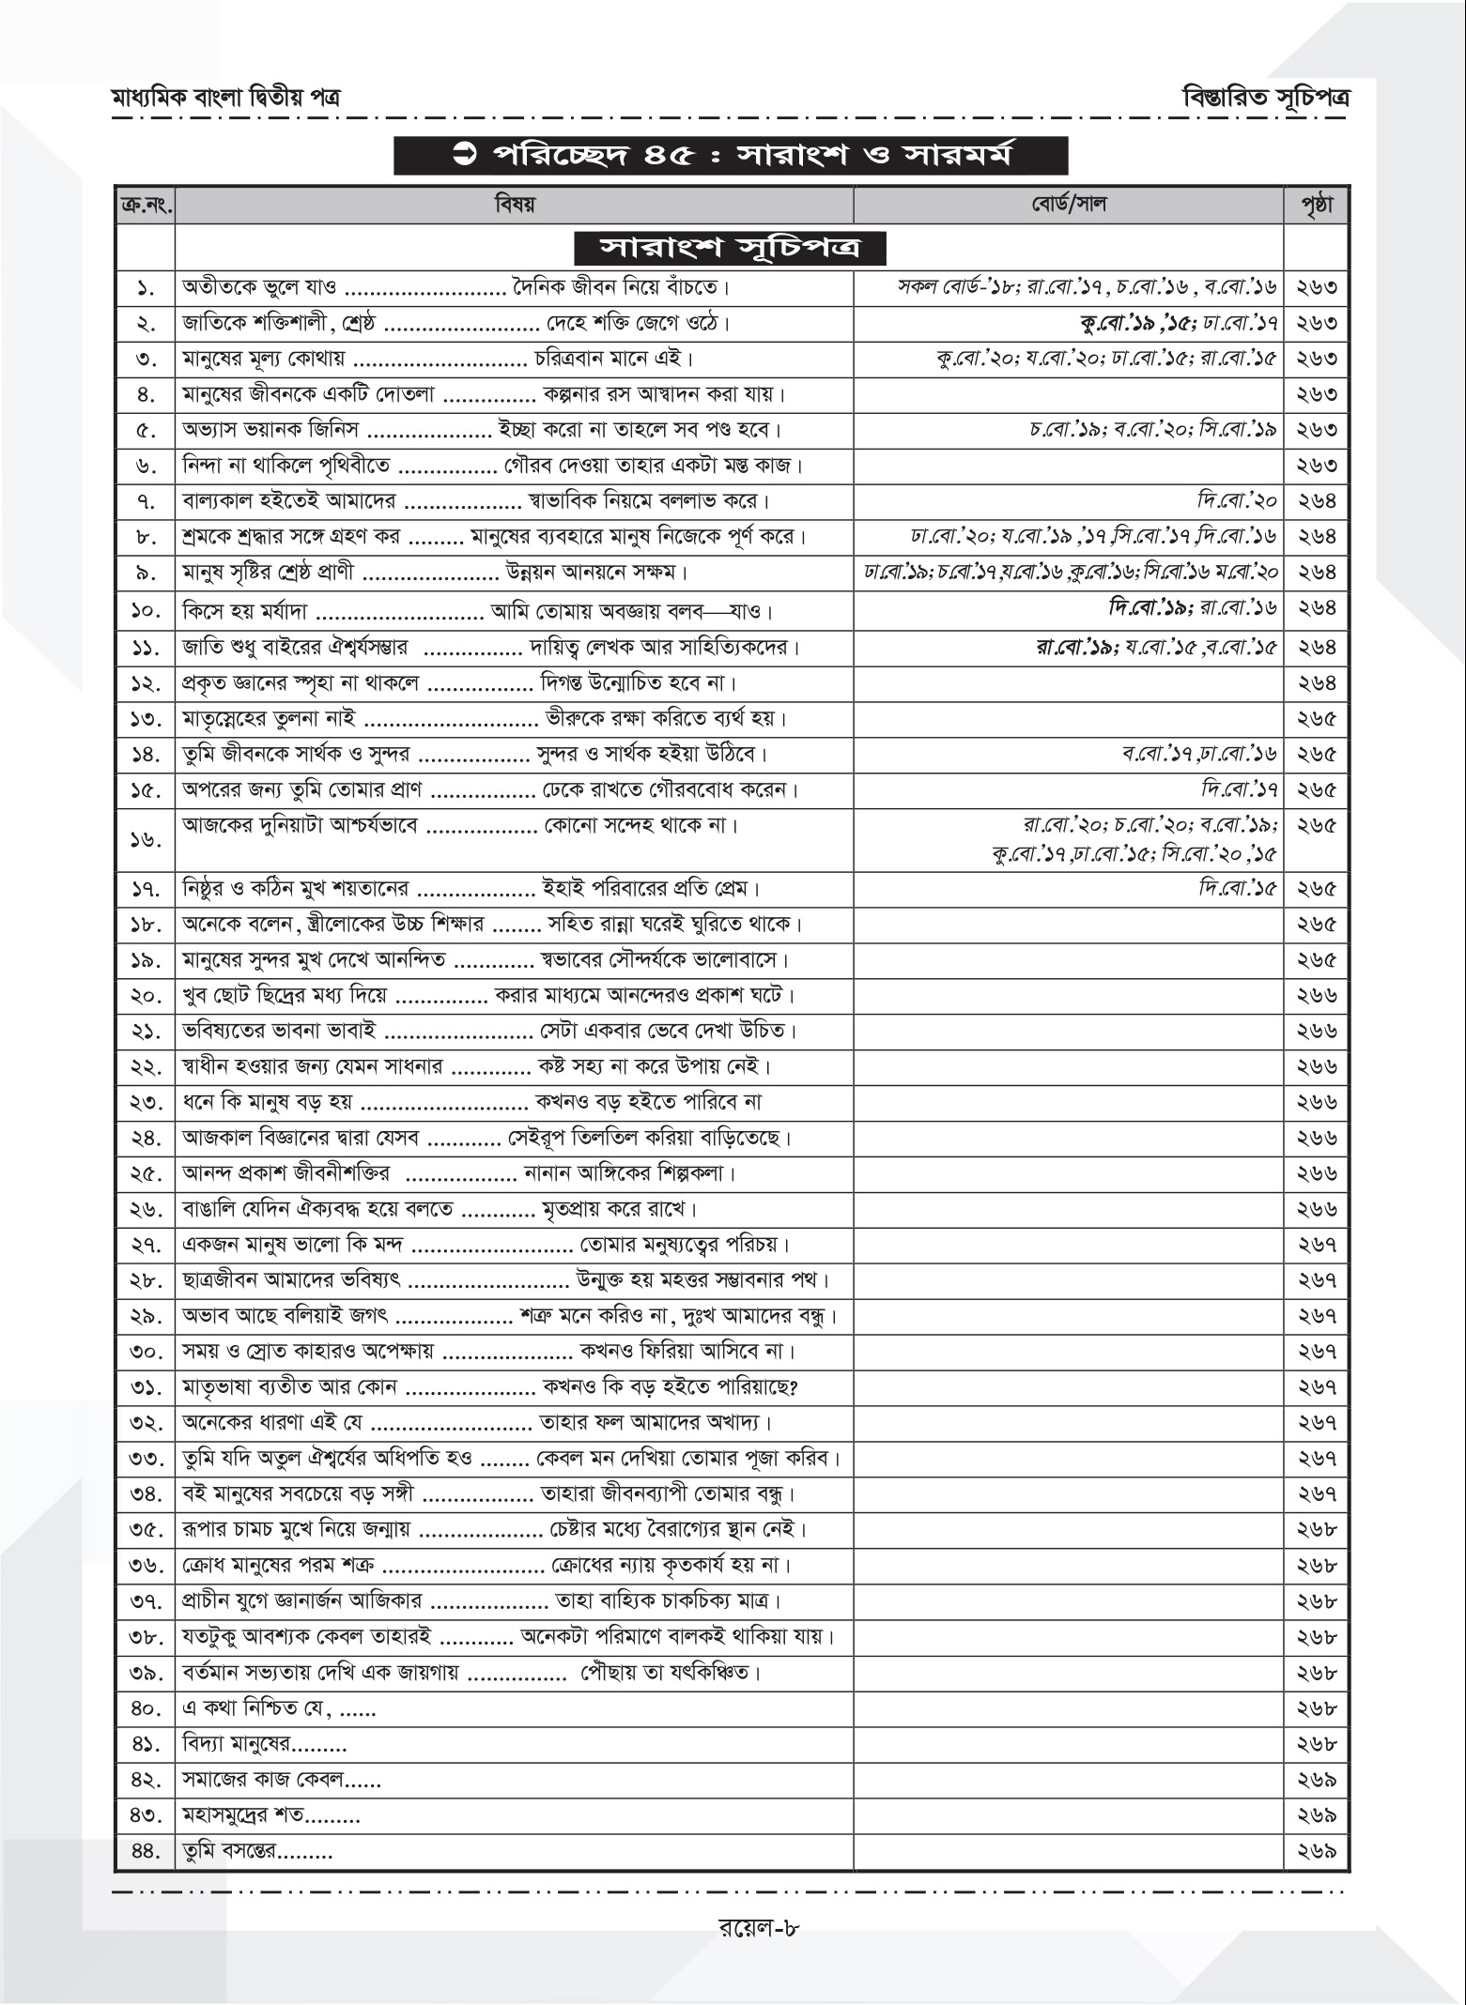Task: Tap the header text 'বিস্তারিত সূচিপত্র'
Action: click(1266, 98)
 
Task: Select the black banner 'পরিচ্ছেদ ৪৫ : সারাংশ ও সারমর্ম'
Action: click(731, 156)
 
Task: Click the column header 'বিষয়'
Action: click(514, 205)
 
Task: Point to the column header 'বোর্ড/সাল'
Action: click(1068, 205)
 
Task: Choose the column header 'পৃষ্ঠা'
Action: click(1317, 205)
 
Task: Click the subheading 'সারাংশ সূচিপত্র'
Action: click(730, 250)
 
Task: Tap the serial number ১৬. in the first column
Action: click(146, 840)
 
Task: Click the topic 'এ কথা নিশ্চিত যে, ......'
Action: click(279, 1710)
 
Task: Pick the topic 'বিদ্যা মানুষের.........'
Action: click(265, 1746)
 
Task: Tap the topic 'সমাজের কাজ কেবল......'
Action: click(281, 1781)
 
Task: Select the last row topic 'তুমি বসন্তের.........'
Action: click(258, 1852)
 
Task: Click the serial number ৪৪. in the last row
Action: click(146, 1852)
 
